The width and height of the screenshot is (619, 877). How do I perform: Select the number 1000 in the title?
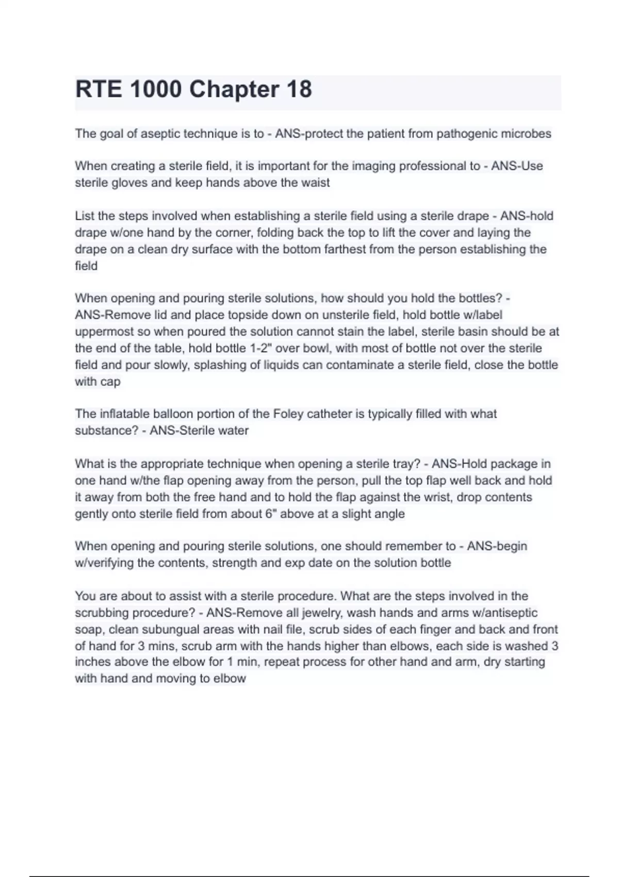tap(156, 89)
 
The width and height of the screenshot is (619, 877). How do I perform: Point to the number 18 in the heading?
tap(299, 89)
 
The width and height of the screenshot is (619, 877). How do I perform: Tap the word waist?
tap(315, 183)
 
